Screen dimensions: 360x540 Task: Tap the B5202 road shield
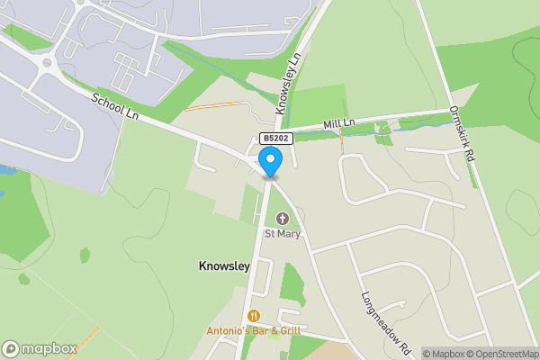click(274, 139)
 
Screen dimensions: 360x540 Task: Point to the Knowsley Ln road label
click(292, 86)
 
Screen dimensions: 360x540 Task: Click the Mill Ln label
click(341, 122)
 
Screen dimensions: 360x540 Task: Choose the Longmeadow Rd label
click(386, 321)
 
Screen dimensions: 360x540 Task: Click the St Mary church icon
click(282, 219)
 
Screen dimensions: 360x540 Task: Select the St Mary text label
click(282, 234)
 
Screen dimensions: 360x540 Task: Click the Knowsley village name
click(223, 266)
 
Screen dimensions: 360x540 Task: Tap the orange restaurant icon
click(254, 316)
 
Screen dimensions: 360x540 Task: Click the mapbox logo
click(40, 349)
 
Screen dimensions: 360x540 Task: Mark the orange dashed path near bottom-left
click(83, 343)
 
